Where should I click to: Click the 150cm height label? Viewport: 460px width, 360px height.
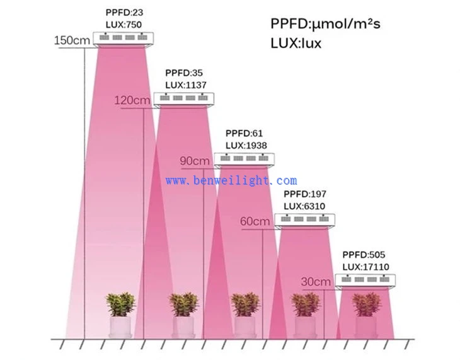72,40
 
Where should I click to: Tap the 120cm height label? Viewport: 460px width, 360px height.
132,100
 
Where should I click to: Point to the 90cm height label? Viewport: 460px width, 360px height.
195,161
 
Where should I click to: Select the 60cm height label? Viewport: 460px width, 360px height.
255,221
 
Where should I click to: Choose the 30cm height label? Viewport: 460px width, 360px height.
316,281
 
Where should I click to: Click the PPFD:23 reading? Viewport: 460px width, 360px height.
120,12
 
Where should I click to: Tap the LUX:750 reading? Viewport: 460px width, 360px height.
123,23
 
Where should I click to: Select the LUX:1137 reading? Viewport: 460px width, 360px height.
185,84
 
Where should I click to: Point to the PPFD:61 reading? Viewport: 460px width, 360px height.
243,134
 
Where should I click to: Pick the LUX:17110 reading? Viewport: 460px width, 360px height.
366,266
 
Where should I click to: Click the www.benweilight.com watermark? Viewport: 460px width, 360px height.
231,180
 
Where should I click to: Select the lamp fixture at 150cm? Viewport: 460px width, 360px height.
123,39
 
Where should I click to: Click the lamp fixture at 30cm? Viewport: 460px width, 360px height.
365,282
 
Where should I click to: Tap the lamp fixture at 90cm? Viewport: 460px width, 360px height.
244,160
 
